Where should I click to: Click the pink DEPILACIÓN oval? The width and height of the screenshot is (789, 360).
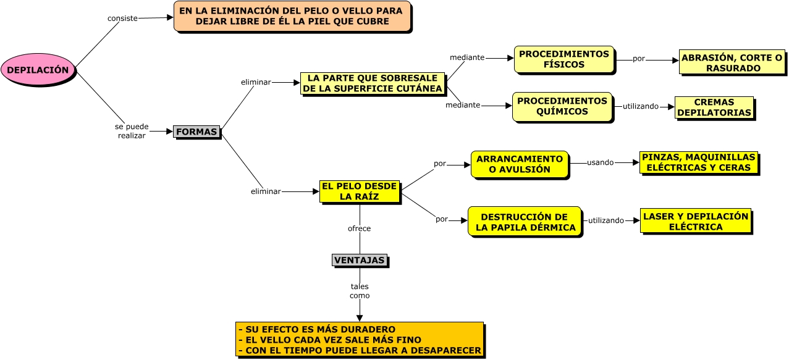[x=38, y=70]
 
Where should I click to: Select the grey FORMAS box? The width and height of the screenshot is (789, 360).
[x=196, y=132]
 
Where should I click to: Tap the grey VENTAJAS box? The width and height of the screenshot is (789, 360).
[x=360, y=260]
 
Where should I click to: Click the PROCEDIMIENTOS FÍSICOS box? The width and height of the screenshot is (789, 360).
[x=564, y=59]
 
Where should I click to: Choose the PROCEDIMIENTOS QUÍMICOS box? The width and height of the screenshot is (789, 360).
[x=562, y=106]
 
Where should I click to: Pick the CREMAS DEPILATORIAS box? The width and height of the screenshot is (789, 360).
[x=714, y=107]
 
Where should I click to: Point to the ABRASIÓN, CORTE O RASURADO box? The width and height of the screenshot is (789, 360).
[x=732, y=62]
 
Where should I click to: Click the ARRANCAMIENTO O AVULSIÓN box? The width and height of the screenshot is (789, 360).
[x=520, y=164]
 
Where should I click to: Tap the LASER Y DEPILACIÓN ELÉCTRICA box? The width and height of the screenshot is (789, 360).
[x=696, y=221]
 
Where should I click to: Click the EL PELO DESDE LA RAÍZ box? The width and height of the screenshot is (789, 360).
[x=360, y=191]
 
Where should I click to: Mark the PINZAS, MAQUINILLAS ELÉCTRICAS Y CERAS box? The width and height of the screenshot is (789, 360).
[x=698, y=162]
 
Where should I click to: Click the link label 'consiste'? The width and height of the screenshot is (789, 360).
[x=122, y=19]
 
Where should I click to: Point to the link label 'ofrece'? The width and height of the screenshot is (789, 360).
[x=359, y=228]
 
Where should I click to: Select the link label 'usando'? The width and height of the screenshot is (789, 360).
[x=600, y=162]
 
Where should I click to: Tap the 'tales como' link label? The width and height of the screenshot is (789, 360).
[x=360, y=291]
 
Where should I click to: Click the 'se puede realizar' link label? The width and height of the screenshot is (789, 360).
[x=132, y=131]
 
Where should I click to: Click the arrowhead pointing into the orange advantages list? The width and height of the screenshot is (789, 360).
[x=360, y=318]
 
